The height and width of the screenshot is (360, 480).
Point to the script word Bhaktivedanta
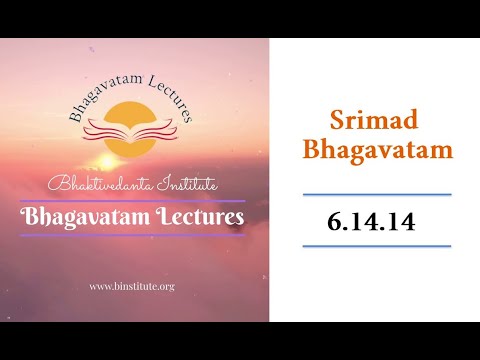pyautogui.click(x=94, y=185)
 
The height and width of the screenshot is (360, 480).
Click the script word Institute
pyautogui.click(x=188, y=185)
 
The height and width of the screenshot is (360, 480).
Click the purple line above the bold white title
pyautogui.click(x=135, y=200)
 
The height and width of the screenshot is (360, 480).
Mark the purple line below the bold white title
pyautogui.click(x=135, y=236)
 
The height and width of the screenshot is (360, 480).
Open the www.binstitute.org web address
pyautogui.click(x=132, y=286)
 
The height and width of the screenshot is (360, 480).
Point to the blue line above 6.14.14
pyautogui.click(x=377, y=194)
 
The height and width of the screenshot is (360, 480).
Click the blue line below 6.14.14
pyautogui.click(x=377, y=245)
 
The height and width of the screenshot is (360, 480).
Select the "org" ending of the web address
pyautogui.click(x=166, y=287)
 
